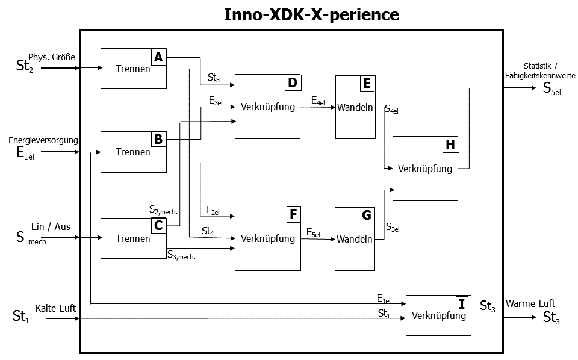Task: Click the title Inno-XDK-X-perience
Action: (x=311, y=14)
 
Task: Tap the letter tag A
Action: (x=158, y=57)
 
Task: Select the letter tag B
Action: (x=158, y=140)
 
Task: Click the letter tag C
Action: (x=158, y=225)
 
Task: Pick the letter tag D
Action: (x=293, y=82)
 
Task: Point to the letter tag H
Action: (x=450, y=144)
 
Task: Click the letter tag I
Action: (x=462, y=303)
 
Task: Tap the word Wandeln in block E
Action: (x=355, y=108)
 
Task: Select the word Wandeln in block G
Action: (x=355, y=239)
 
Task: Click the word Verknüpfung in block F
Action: (x=268, y=238)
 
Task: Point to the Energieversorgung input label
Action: (x=43, y=140)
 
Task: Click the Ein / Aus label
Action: (x=51, y=226)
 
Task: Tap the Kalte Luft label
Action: (x=55, y=308)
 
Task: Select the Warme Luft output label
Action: (x=530, y=303)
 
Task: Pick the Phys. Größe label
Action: (x=52, y=57)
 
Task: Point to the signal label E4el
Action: (x=318, y=101)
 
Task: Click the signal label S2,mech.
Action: (x=163, y=209)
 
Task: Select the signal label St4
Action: (x=208, y=231)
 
